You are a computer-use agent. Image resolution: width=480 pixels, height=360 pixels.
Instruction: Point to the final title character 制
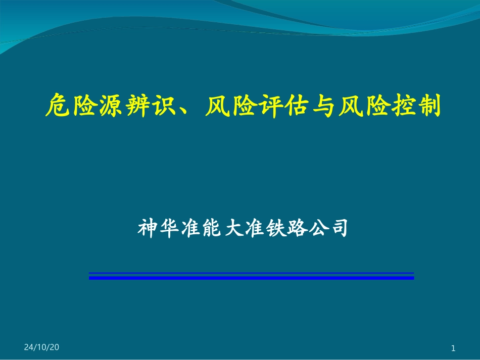click(x=430, y=106)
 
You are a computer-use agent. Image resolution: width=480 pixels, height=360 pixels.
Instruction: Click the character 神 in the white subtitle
click(x=148, y=228)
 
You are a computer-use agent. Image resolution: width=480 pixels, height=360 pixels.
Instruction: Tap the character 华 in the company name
click(x=169, y=228)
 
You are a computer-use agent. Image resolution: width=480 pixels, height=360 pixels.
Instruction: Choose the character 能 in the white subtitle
click(x=212, y=228)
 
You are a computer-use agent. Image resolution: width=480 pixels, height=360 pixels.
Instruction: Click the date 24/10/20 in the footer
click(x=41, y=347)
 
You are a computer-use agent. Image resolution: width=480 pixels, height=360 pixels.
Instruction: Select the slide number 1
click(x=453, y=348)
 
